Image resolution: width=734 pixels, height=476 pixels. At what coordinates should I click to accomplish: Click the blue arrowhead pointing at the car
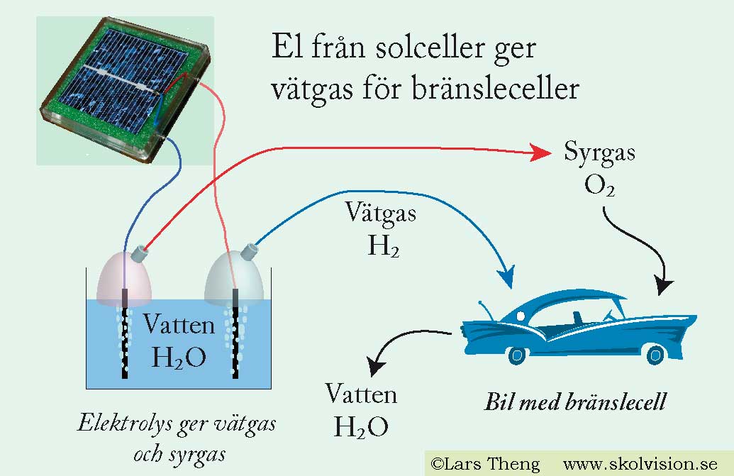pos(506,277)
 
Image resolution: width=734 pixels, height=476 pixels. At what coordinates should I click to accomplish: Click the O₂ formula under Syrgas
pos(599,185)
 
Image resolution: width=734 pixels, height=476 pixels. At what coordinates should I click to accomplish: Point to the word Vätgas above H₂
pos(381,213)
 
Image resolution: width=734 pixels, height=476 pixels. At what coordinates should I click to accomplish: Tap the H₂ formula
pos(384,245)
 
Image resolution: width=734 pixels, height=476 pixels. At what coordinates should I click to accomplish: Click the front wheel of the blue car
pos(517,355)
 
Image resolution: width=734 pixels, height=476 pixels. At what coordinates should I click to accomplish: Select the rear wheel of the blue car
pos(655,354)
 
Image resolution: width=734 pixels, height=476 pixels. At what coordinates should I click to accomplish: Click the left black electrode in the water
pos(125,333)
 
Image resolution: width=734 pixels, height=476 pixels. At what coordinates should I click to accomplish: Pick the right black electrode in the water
pos(235,333)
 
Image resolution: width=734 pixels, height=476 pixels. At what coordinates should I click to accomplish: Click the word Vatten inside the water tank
pos(179,324)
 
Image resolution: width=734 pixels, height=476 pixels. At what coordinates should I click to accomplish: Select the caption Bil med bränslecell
pos(575,402)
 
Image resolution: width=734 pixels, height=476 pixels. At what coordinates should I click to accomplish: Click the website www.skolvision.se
pos(640,464)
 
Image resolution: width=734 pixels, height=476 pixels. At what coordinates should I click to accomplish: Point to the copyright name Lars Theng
pos(491,464)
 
